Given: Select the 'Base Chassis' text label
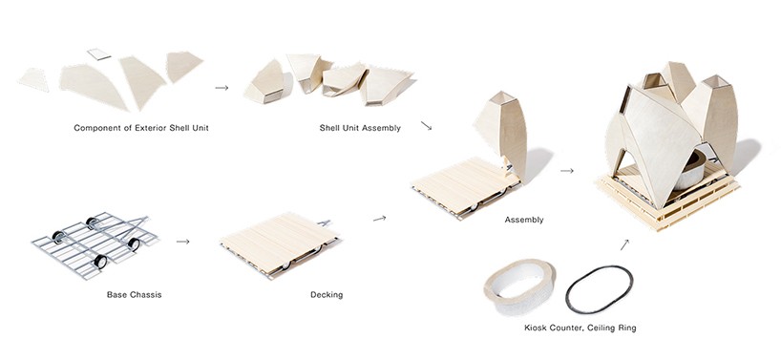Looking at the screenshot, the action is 135,294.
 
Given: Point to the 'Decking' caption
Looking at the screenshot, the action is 327,294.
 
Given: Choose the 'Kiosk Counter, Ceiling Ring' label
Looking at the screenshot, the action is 580,328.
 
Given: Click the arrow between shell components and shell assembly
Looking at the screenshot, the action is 222,88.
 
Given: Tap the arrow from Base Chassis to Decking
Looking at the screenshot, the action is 182,241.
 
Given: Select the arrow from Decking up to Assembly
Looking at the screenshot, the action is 379,219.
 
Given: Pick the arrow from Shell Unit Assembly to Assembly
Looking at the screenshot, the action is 426,125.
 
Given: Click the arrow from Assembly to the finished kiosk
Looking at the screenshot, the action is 566,172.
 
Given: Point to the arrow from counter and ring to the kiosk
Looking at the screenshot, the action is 624,244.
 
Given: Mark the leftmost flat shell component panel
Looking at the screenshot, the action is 36,79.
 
